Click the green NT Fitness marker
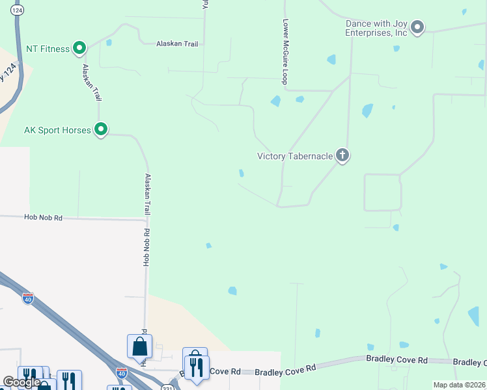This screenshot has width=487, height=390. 79,47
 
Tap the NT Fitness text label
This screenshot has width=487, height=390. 48,48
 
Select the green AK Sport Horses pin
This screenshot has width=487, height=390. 101,129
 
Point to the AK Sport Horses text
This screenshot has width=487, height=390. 57,130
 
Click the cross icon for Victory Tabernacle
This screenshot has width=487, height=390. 342,155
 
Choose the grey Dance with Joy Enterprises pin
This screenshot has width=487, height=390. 417,27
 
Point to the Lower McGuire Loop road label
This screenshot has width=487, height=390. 285,51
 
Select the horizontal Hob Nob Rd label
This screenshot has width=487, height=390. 44,218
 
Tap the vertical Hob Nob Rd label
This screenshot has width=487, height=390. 146,246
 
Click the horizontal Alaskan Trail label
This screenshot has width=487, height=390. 176,44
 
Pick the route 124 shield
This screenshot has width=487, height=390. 18,11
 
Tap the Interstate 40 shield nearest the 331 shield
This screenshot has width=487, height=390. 121,372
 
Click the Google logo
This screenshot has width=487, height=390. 21,382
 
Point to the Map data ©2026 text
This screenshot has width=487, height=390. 459,385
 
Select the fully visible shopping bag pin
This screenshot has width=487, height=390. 140,346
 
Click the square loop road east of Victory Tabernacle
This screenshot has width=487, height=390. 382,192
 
